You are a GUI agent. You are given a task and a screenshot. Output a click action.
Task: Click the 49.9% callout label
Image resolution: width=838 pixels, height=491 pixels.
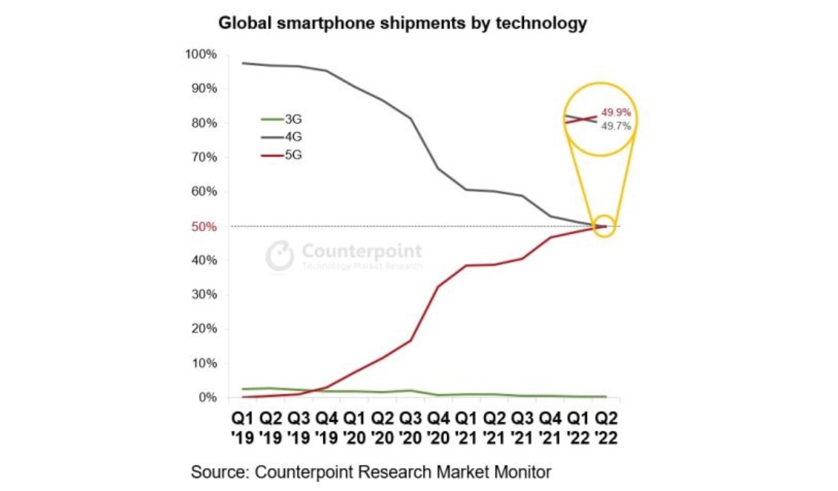616,113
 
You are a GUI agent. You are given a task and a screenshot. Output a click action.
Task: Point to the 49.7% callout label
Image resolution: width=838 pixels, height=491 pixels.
616,126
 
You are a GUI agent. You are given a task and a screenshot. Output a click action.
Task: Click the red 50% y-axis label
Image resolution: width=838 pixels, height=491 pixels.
204,227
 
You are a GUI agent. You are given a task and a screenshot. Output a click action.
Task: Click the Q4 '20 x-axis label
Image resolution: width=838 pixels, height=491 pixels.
438,427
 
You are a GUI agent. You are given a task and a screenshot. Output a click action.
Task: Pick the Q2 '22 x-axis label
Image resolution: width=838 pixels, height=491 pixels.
605,427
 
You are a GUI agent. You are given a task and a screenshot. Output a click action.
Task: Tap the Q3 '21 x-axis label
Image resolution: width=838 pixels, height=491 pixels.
522,427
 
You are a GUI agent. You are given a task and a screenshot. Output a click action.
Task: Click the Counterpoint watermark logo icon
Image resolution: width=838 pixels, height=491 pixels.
280,255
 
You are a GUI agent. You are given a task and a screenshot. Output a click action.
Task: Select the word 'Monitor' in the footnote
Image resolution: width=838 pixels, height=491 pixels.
523,471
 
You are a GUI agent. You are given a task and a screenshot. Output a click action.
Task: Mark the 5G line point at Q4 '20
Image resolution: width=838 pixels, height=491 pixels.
438,286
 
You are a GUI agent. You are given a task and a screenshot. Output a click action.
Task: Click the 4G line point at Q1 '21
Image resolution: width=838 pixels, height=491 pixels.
466,189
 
